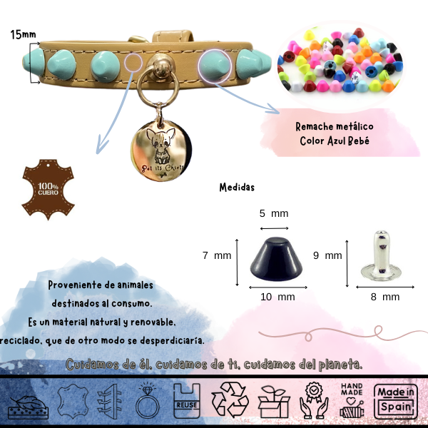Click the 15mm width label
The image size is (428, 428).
[24, 34]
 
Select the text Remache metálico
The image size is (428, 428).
[335, 126]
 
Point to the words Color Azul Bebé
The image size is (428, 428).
[335, 141]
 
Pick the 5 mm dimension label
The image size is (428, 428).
[272, 213]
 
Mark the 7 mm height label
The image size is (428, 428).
[218, 255]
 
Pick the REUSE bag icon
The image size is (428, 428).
[185, 402]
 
